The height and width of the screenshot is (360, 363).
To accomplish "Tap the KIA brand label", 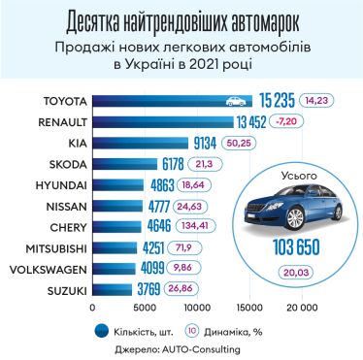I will click(x=74, y=143).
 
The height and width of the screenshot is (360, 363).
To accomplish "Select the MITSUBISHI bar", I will click(x=137, y=248).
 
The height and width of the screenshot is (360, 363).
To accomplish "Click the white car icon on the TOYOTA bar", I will click(x=235, y=99).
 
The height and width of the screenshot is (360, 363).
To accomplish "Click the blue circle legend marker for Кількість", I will click(x=100, y=329).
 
